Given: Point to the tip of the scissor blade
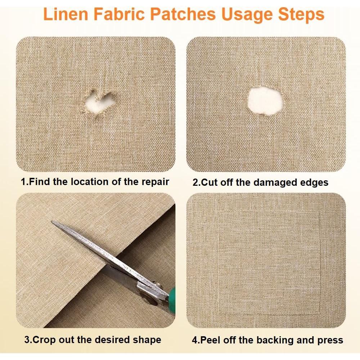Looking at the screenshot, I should (x=53, y=222).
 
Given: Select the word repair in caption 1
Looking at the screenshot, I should (x=154, y=182).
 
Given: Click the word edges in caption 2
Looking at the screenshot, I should (x=315, y=183).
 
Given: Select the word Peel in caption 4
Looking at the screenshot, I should (x=208, y=340).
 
